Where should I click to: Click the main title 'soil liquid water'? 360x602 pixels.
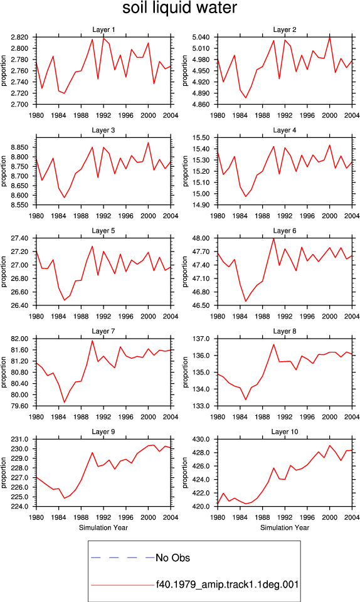click(x=179, y=8)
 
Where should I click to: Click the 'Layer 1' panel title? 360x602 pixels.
click(x=103, y=29)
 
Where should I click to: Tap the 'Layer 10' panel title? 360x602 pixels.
click(x=284, y=431)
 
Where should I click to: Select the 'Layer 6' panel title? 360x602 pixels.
click(x=284, y=230)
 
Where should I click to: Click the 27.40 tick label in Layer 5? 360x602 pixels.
click(x=20, y=238)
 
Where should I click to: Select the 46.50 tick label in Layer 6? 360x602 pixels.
click(x=201, y=305)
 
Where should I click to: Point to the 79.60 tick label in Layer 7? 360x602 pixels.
click(x=20, y=406)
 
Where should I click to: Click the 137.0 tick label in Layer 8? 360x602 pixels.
click(x=201, y=339)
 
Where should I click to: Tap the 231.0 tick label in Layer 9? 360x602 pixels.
click(x=20, y=439)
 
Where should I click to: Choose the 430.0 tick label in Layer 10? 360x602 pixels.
click(x=201, y=439)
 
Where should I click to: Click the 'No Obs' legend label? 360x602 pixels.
click(x=172, y=558)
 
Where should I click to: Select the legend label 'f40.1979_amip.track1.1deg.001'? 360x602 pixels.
click(x=227, y=584)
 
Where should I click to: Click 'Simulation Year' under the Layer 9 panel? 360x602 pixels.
click(x=103, y=527)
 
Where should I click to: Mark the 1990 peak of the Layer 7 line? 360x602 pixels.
click(x=92, y=340)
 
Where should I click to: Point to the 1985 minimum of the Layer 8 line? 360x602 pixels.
click(x=246, y=399)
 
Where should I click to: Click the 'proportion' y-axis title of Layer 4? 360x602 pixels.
click(x=186, y=171)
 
